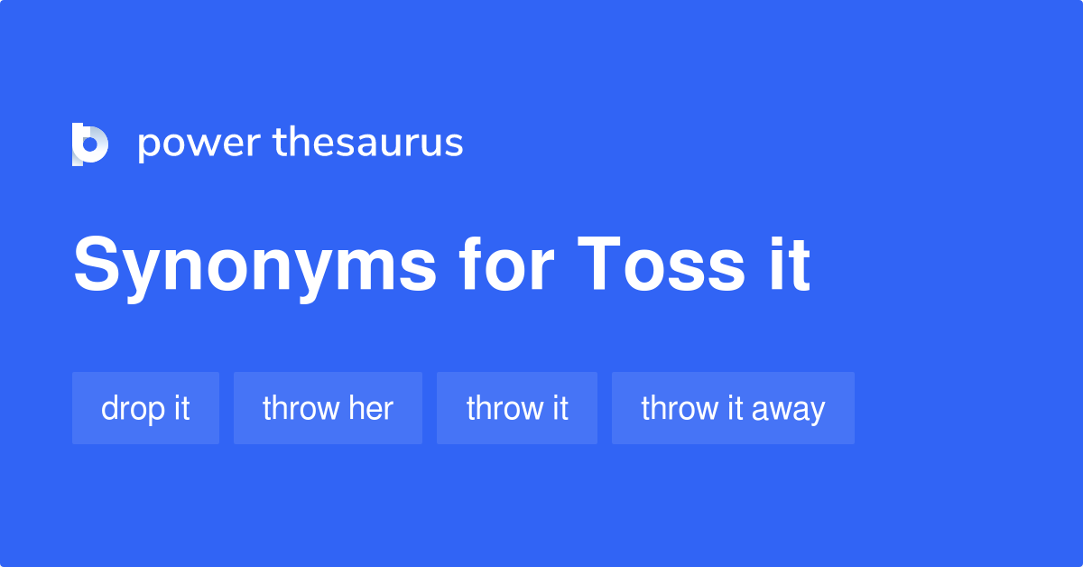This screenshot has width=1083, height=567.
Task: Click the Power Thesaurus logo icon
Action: tap(90, 144)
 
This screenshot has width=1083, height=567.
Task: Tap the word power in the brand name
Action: tap(199, 144)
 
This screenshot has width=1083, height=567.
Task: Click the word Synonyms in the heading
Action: tap(255, 266)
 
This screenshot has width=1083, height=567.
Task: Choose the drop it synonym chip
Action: tap(145, 408)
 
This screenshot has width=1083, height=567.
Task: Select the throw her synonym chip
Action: tap(328, 408)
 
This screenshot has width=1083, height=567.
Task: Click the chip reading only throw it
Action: tap(517, 408)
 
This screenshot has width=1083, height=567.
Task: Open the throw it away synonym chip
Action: tap(733, 408)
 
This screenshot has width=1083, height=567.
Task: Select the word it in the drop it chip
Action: tap(180, 408)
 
